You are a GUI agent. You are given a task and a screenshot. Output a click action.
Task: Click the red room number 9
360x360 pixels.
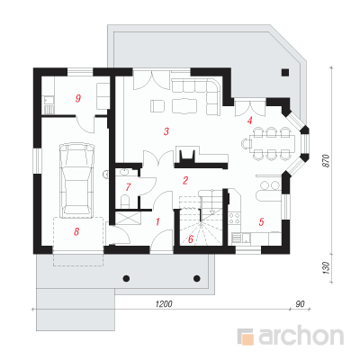[x=78, y=98]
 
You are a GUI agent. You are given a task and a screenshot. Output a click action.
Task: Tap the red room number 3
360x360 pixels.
[x=166, y=131]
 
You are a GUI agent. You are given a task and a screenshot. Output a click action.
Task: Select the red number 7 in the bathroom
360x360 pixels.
[x=128, y=187]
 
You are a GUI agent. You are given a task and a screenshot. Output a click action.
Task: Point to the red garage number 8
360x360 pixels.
[x=76, y=231]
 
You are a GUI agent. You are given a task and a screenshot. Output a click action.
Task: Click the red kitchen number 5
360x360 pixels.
[x=261, y=222]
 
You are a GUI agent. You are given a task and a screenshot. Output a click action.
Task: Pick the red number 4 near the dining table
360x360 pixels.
[x=249, y=121]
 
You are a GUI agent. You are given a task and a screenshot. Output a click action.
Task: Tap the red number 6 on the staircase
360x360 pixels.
[x=191, y=239]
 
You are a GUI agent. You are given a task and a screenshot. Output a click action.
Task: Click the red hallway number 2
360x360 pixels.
[x=185, y=180]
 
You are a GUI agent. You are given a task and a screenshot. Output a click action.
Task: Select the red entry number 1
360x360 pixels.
[x=157, y=222]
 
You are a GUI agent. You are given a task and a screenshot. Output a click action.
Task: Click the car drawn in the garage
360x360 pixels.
[x=76, y=180]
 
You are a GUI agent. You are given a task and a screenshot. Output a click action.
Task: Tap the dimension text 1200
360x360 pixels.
[x=164, y=304]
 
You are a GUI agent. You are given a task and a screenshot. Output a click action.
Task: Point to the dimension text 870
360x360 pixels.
[x=327, y=161]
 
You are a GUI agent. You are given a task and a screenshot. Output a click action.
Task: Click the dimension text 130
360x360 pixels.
[x=327, y=268]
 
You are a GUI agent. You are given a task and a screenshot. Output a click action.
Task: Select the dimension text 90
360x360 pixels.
[x=300, y=304]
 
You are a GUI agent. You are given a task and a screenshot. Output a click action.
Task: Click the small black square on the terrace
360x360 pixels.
[x=285, y=72]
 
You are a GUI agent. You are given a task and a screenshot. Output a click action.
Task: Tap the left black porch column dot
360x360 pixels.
[x=127, y=278]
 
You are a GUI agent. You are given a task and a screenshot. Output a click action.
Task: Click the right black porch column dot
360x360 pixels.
[x=197, y=278]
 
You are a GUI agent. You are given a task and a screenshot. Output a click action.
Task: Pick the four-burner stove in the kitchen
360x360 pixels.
[x=235, y=218]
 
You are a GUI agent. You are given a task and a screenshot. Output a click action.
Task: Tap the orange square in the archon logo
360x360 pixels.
[x=248, y=337]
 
